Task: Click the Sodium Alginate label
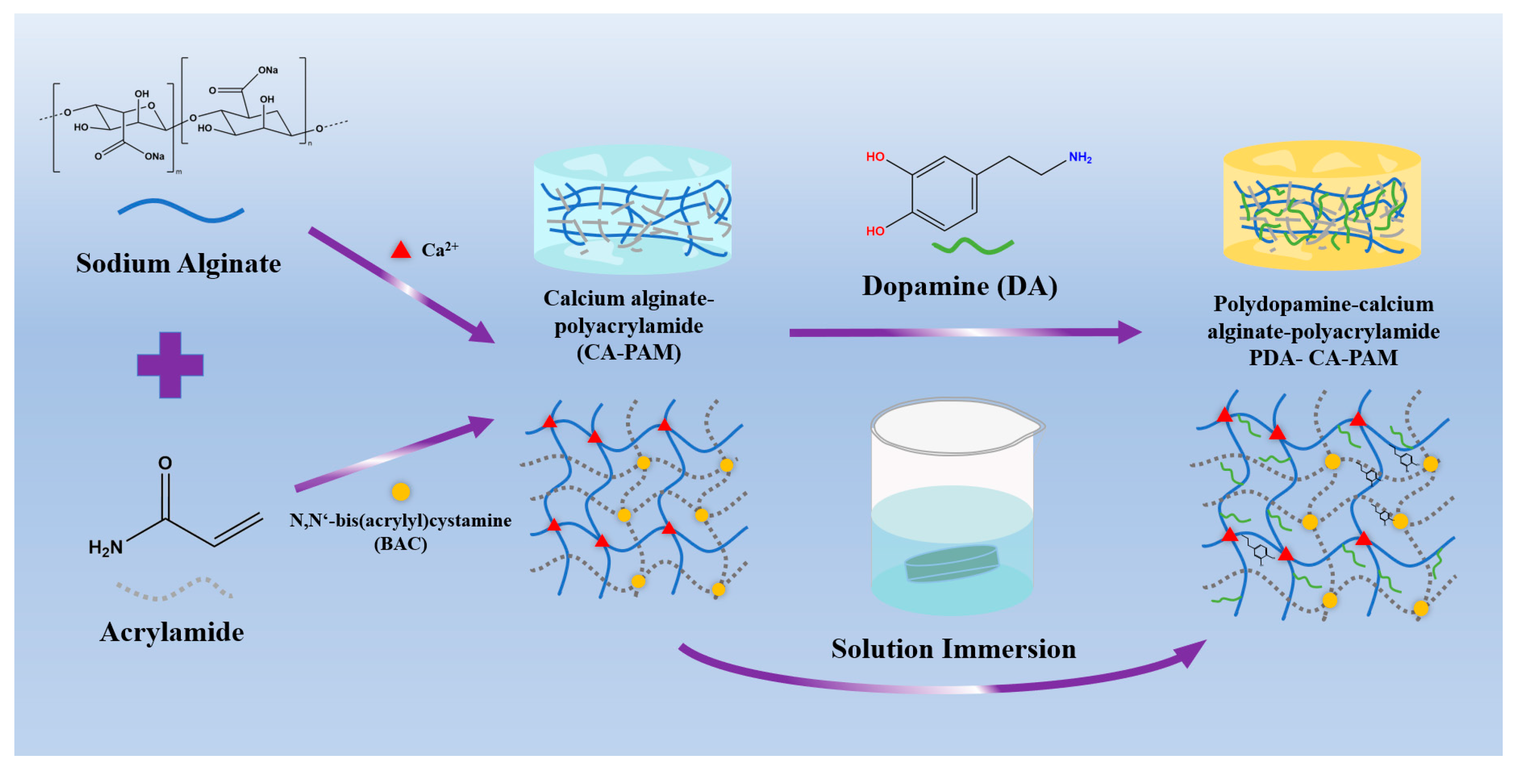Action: coord(178,263)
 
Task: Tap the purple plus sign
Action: coord(170,365)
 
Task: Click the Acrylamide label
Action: coord(172,632)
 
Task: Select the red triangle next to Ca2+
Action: coord(401,250)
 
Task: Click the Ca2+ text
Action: coord(440,249)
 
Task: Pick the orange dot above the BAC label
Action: coord(401,491)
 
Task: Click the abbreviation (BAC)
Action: coord(401,543)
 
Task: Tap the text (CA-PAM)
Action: coord(629,352)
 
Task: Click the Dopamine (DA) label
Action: coord(959,286)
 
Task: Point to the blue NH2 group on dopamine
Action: coord(1079,157)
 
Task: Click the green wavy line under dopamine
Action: coord(972,246)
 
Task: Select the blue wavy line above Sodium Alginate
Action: coord(181,210)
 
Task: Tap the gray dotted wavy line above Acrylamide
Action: coord(174,589)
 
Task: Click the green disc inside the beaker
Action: coord(952,563)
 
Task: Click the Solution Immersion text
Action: coord(953,649)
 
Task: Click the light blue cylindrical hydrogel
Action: coord(632,209)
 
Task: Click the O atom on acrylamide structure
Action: coord(165,463)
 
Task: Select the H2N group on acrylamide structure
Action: coord(106,547)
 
